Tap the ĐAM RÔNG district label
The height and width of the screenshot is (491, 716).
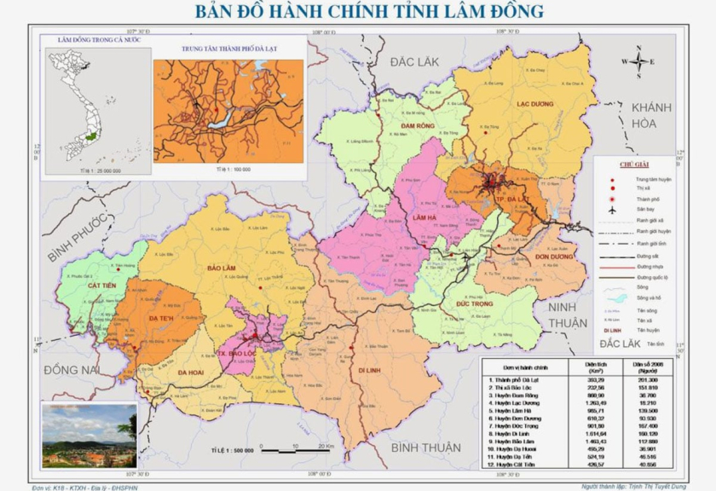coord(419,126)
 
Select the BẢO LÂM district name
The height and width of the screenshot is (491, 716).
coord(220,268)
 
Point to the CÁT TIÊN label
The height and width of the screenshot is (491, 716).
coord(102,286)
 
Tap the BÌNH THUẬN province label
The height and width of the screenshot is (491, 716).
coord(425,447)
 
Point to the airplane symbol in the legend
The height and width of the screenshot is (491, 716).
coord(612,209)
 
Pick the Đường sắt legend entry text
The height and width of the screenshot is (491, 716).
coord(647,255)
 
